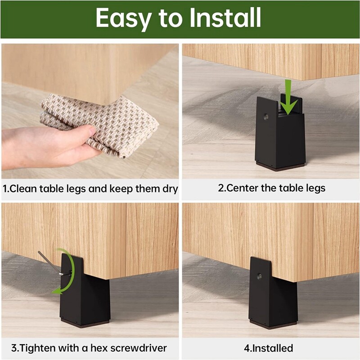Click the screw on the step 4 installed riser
click(260, 276)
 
